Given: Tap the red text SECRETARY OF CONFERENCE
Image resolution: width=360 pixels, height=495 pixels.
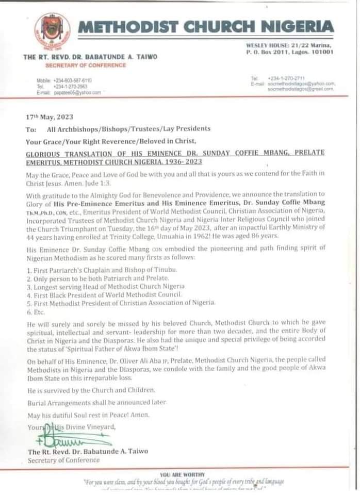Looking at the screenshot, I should [85, 65].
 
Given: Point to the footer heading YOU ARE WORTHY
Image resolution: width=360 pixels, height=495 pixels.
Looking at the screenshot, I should [182, 474].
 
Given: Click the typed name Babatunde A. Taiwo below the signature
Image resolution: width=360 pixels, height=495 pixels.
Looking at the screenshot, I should [88, 451].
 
